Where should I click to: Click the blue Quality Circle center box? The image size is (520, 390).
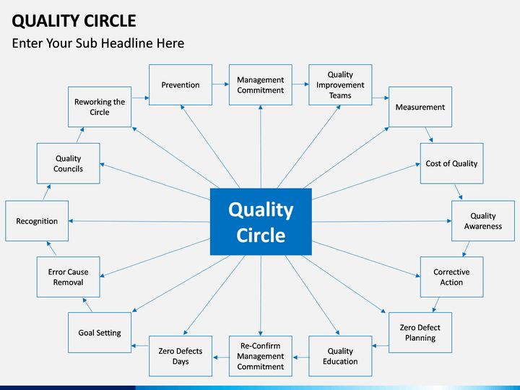(x=261, y=222)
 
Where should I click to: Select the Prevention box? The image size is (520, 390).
(x=181, y=85)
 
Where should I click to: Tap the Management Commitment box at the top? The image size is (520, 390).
(x=261, y=85)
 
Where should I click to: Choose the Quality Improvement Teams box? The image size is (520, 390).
(x=340, y=85)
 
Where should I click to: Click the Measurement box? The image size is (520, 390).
(x=420, y=107)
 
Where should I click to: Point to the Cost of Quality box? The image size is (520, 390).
(x=451, y=163)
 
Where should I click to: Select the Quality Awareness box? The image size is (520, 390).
(x=483, y=221)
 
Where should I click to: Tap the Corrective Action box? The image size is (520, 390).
(x=451, y=277)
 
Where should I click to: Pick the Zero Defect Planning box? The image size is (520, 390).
(x=420, y=332)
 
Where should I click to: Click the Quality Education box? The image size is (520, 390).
(x=340, y=356)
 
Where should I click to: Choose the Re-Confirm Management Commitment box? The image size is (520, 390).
(x=261, y=356)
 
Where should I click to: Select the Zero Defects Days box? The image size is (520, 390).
(x=181, y=356)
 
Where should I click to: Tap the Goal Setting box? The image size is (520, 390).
(x=100, y=333)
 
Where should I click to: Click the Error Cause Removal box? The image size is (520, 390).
(x=69, y=277)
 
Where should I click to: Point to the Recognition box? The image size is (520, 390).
(x=37, y=221)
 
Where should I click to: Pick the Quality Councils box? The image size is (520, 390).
(x=69, y=163)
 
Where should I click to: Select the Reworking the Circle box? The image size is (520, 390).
(x=100, y=107)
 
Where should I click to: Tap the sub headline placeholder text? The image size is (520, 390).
(x=98, y=43)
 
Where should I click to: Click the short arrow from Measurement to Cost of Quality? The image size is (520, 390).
(x=428, y=135)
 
